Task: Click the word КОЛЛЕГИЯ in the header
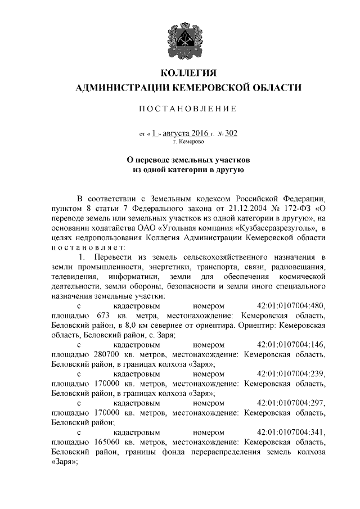pyautogui.click(x=188, y=74)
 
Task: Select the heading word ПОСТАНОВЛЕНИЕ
pyautogui.click(x=188, y=108)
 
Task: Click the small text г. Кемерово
pyautogui.click(x=188, y=142)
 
